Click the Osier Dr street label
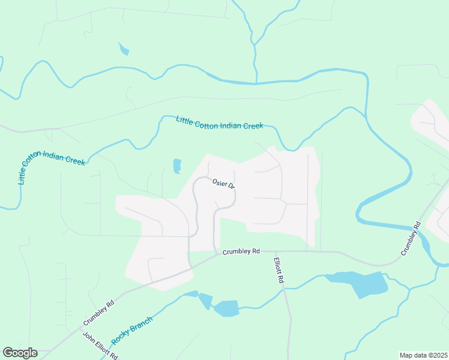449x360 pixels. pyautogui.click(x=223, y=184)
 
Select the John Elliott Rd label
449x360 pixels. pyautogui.click(x=100, y=346)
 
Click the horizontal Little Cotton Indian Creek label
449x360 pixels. pyautogui.click(x=220, y=122)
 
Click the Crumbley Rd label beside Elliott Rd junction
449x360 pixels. pyautogui.click(x=241, y=251)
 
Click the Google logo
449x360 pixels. pyautogui.click(x=20, y=353)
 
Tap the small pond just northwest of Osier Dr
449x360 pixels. pyautogui.click(x=177, y=166)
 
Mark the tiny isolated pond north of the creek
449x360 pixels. pyautogui.click(x=124, y=49)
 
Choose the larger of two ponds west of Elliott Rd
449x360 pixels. pyautogui.click(x=227, y=308)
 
